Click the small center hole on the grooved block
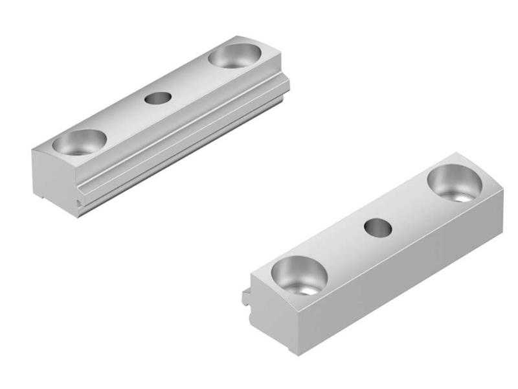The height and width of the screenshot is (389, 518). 157,98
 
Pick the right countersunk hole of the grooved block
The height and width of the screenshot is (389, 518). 234,56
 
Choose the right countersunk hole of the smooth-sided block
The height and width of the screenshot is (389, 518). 455,182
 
